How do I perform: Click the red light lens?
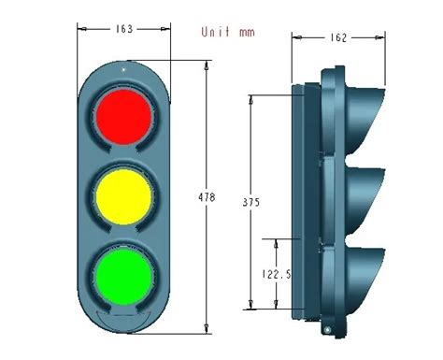[124, 117]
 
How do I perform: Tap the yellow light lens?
[124, 196]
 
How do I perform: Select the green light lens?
[124, 277]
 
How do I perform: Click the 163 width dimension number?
[124, 29]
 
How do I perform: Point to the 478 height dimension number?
[207, 197]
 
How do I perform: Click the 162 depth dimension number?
[338, 38]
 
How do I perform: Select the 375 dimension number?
[251, 203]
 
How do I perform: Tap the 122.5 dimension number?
[277, 274]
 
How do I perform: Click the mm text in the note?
[247, 33]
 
